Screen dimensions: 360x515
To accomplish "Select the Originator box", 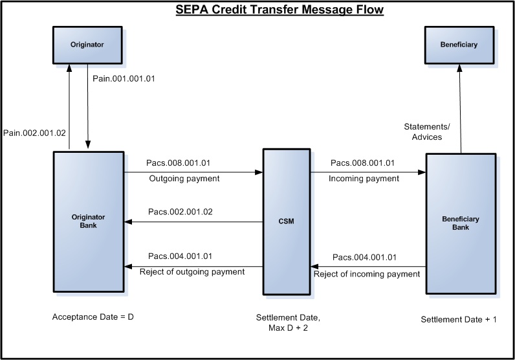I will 87,45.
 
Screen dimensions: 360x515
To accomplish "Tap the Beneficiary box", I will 459,45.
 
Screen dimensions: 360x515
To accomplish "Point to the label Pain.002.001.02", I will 33,133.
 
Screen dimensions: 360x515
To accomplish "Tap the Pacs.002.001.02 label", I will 180,212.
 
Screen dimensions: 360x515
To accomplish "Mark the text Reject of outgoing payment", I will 192,271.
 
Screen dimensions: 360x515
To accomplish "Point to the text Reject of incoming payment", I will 367,274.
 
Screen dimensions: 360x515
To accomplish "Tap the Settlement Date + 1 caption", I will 459,320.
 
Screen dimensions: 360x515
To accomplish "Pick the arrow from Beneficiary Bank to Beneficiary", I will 460,110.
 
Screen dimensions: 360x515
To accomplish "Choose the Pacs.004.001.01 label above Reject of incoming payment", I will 364,258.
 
